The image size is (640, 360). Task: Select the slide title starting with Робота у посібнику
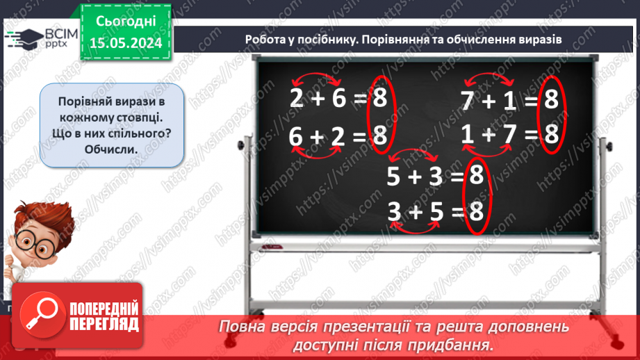(x=403, y=39)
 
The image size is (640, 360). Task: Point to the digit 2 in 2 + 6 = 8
(x=297, y=99)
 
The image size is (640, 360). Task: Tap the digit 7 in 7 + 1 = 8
(x=468, y=101)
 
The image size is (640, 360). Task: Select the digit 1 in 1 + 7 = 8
(x=468, y=134)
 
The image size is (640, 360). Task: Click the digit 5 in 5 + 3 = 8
(x=394, y=178)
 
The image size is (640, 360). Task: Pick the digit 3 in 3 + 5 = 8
(x=394, y=210)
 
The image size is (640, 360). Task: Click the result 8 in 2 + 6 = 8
(x=379, y=99)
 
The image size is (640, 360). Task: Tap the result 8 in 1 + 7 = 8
(x=551, y=134)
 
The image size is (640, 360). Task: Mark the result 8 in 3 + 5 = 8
(x=476, y=210)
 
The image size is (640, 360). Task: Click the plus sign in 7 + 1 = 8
(x=489, y=102)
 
